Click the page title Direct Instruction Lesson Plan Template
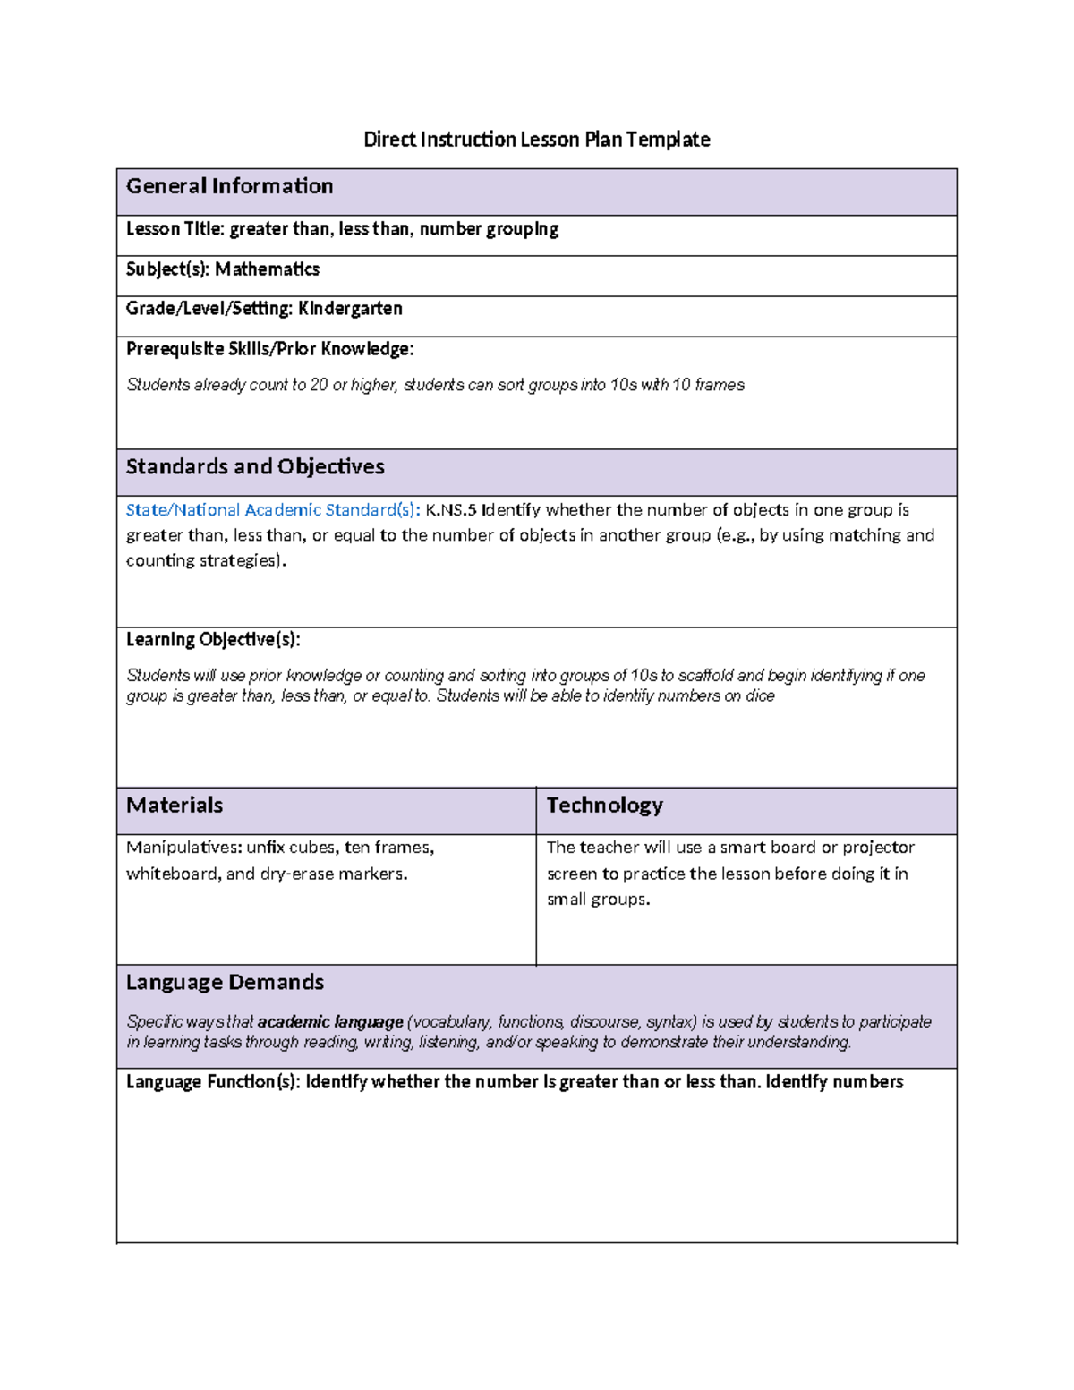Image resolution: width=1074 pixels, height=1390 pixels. coord(536,140)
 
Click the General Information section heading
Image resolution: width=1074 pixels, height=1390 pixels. coord(230,186)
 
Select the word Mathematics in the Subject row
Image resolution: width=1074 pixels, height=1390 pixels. coord(267,269)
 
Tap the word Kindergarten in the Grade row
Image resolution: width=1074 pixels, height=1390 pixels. coord(350,309)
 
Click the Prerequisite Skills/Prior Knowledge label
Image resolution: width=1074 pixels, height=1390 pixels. coord(269,349)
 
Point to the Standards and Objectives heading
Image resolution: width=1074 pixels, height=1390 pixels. coord(255,467)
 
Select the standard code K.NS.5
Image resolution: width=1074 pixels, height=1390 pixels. coord(450,510)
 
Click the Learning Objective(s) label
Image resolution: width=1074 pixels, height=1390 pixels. coord(213,640)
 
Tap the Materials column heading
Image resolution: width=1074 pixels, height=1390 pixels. coord(175,806)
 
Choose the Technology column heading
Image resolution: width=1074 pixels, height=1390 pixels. coord(605,806)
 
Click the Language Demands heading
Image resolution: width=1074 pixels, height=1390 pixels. coord(225,983)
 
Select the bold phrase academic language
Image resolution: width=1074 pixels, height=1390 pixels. coord(330,1022)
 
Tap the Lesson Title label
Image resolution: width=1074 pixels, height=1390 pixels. coord(175,229)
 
